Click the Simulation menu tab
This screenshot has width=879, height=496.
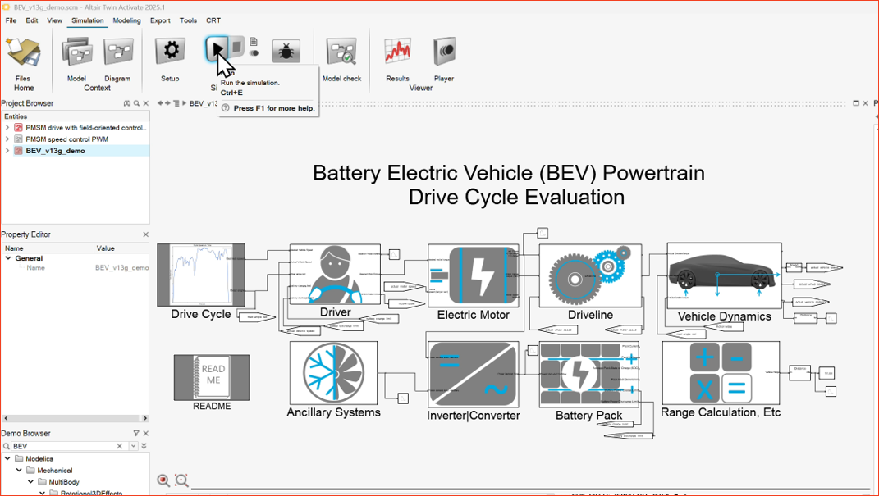click(87, 20)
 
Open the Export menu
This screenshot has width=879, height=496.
click(160, 20)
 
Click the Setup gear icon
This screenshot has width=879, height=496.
click(170, 51)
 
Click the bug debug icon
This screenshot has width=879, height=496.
click(286, 52)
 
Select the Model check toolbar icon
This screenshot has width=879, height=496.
click(341, 52)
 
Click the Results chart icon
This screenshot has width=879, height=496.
click(397, 52)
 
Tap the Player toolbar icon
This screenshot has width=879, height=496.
click(444, 52)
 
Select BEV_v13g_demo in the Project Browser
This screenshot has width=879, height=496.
click(55, 151)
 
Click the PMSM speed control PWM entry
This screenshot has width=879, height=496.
click(66, 139)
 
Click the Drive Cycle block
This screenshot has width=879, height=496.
click(201, 275)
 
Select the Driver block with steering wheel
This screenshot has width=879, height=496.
click(334, 274)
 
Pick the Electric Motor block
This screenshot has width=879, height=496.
click(473, 275)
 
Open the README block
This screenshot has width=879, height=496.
click(212, 377)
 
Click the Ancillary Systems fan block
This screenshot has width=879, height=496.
click(333, 373)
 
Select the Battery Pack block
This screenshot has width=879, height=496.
click(588, 375)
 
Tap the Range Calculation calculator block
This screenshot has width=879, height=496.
click(721, 373)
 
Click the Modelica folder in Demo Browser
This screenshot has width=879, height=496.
click(39, 459)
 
